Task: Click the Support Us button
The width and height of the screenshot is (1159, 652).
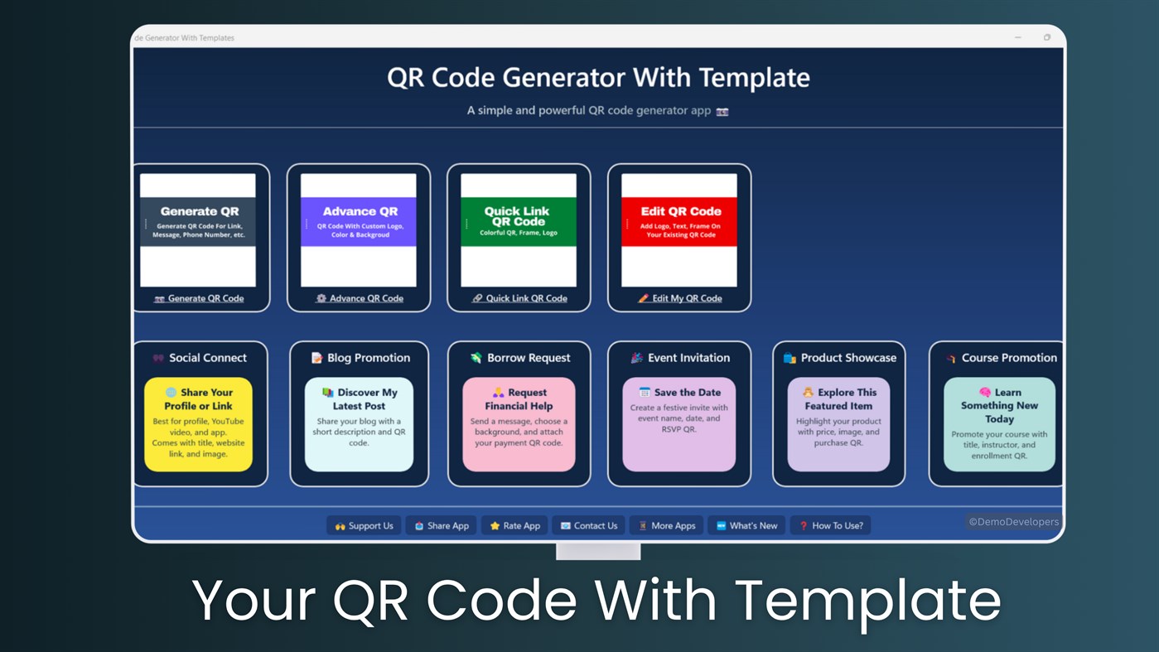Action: pyautogui.click(x=364, y=525)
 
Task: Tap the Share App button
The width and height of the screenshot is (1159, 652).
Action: pyautogui.click(x=441, y=525)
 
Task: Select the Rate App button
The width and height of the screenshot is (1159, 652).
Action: pyautogui.click(x=514, y=525)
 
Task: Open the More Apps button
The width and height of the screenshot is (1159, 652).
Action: pyautogui.click(x=666, y=525)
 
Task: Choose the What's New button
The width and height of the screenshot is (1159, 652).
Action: pyautogui.click(x=746, y=525)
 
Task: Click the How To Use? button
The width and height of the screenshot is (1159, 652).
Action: pyautogui.click(x=830, y=525)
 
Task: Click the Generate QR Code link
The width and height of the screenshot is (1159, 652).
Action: pyautogui.click(x=199, y=298)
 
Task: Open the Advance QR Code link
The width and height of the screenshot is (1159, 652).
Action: pyautogui.click(x=359, y=298)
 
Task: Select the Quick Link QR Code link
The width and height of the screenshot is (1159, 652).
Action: pyautogui.click(x=519, y=298)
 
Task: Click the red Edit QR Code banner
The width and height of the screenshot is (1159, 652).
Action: pyautogui.click(x=679, y=222)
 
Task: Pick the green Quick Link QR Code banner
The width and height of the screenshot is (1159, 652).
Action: pyautogui.click(x=519, y=222)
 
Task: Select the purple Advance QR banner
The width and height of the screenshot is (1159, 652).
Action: pyautogui.click(x=359, y=222)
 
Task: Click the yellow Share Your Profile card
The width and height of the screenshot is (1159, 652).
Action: pyautogui.click(x=199, y=424)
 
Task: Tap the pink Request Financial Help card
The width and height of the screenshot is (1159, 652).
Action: pyautogui.click(x=519, y=424)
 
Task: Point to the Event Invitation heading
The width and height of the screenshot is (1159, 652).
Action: pyautogui.click(x=680, y=358)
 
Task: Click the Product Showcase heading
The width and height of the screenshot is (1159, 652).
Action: pyautogui.click(x=839, y=358)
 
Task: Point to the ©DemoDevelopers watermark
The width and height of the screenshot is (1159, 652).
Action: pyautogui.click(x=1013, y=522)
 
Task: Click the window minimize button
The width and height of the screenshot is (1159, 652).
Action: pyautogui.click(x=1018, y=37)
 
